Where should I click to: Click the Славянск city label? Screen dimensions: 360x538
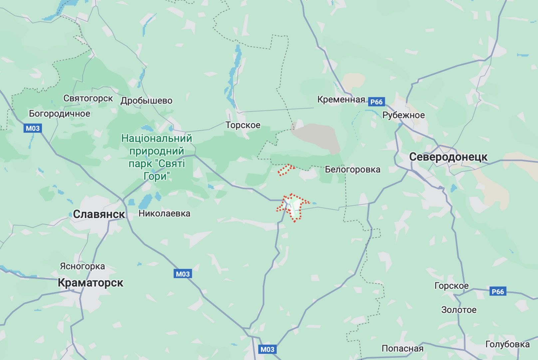point(99,214)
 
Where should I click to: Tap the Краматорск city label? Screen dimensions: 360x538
point(91,282)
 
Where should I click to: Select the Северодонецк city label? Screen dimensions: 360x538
point(448,157)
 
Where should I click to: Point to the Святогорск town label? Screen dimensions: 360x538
point(88,98)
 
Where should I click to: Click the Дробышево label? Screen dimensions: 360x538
point(146,100)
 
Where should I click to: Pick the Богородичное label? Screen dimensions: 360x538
point(60,113)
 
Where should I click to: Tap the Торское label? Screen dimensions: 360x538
point(243,125)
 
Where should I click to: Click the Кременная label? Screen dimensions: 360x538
point(341,99)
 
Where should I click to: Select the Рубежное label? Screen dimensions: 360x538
point(403,115)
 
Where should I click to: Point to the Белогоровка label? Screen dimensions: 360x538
point(353,169)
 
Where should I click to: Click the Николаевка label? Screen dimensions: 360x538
point(164,213)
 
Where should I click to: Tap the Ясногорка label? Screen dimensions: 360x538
point(82,266)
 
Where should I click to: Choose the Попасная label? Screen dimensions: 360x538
point(403,348)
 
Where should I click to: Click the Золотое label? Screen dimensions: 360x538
point(459,310)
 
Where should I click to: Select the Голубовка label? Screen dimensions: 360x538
point(507,344)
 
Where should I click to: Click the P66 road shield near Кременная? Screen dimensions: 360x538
point(377,102)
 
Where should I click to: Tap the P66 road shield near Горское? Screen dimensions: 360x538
point(498,291)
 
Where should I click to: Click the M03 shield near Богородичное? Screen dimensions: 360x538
point(33,128)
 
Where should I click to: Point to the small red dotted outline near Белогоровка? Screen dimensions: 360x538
point(286,170)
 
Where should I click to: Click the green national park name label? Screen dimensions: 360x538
point(157,157)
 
